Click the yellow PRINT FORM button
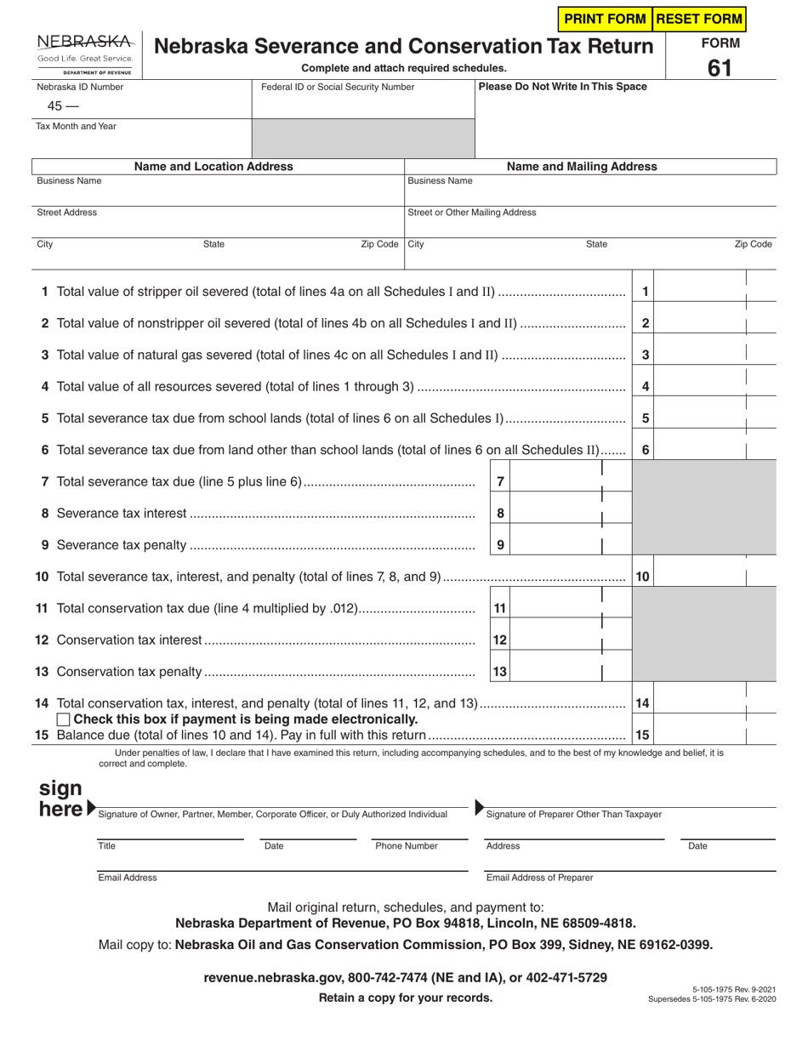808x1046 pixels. [604, 19]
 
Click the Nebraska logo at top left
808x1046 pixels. [85, 54]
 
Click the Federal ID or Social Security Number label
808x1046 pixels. [338, 87]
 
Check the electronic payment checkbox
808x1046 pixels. [63, 720]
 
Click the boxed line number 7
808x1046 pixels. [501, 482]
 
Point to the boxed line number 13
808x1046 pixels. [500, 672]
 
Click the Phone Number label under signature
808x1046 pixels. [407, 846]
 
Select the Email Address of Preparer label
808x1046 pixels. [539, 878]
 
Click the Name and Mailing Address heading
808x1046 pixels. [582, 167]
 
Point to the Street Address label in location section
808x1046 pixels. [66, 213]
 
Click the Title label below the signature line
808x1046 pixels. [107, 846]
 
